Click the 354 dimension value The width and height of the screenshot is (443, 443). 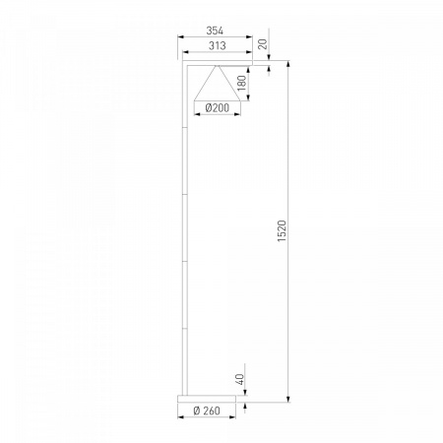click(x=215, y=31)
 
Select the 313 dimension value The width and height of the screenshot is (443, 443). click(x=218, y=45)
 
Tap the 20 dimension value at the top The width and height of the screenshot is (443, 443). click(x=263, y=43)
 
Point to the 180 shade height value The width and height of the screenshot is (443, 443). click(x=242, y=83)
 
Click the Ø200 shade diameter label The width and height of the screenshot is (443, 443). click(x=218, y=107)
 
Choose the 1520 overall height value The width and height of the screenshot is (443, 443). click(x=282, y=231)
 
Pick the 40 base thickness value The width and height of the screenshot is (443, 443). click(x=240, y=379)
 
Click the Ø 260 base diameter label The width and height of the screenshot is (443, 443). click(x=207, y=411)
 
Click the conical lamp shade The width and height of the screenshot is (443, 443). click(x=218, y=83)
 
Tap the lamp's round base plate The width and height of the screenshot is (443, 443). click(x=207, y=399)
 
